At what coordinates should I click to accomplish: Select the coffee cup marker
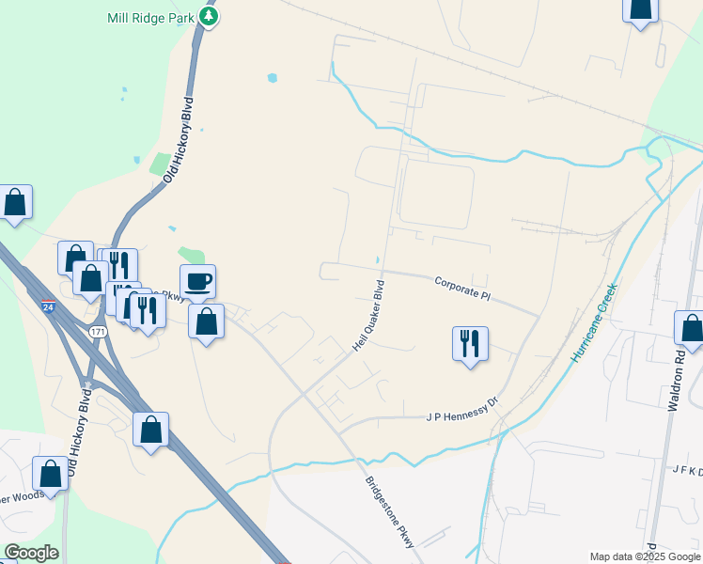pos(197,281)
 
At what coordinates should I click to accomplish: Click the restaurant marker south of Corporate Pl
pos(470,343)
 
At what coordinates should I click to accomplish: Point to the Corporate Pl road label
pos(463,288)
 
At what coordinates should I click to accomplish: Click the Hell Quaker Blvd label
pos(369,316)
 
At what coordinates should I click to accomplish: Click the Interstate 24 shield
pos(48,306)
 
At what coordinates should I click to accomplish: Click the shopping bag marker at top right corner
pos(640,8)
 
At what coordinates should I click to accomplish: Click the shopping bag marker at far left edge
pos(15,201)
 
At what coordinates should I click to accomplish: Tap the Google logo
pos(31,553)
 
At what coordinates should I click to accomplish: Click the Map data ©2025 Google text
pos(644,556)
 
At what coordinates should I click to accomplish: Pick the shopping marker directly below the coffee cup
pos(207,321)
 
